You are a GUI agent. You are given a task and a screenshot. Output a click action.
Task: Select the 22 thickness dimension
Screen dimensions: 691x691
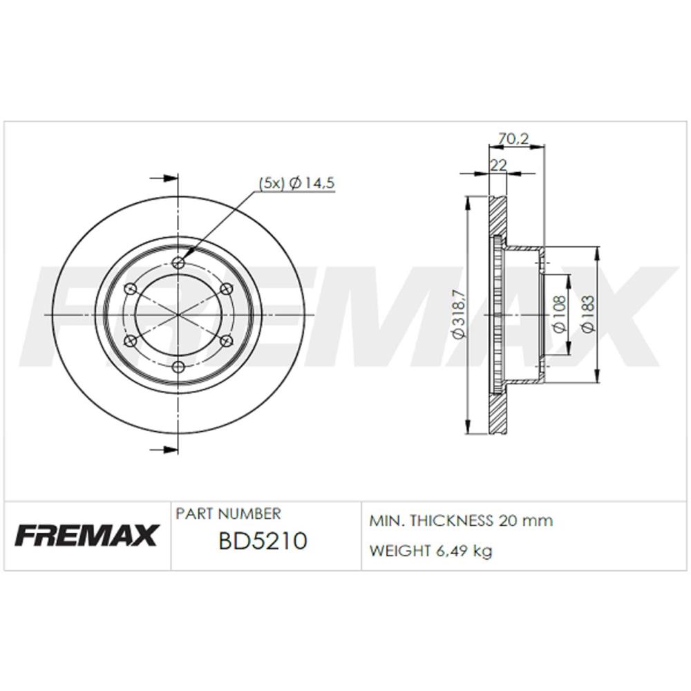tap(499, 165)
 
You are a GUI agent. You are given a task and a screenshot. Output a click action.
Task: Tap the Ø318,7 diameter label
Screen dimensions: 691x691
tap(459, 314)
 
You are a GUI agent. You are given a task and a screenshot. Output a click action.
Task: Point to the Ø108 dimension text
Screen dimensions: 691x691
tap(558, 314)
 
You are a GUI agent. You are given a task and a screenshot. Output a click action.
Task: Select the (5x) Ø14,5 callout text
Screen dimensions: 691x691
tap(296, 183)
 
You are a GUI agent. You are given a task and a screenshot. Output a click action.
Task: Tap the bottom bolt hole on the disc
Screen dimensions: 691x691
tap(178, 367)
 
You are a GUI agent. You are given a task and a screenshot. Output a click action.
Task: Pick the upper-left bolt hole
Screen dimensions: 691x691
tap(131, 289)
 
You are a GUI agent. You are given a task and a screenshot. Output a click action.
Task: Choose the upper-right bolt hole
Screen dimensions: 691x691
tap(226, 289)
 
